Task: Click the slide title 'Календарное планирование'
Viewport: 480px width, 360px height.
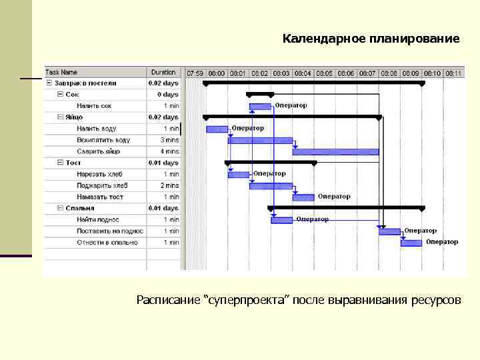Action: [x=371, y=39]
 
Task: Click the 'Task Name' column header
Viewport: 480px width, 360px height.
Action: [x=61, y=72]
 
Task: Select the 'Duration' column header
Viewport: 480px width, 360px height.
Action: [x=163, y=72]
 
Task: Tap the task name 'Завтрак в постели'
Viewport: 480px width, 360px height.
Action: [x=85, y=83]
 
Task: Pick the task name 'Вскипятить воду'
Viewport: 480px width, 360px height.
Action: [x=103, y=140]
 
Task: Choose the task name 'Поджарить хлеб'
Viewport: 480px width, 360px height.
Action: [x=102, y=185]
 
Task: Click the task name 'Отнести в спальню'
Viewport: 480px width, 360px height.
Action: [x=107, y=242]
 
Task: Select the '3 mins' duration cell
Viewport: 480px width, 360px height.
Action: [x=169, y=140]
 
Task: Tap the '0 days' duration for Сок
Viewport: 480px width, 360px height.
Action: [x=167, y=95]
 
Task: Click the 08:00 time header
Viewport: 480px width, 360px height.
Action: [x=217, y=73]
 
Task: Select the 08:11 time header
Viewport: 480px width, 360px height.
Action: [x=453, y=73]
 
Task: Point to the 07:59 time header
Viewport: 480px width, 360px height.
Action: [x=195, y=73]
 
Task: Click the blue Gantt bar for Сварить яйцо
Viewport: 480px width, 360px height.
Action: [x=335, y=152]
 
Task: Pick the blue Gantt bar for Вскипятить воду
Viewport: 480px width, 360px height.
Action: [x=260, y=141]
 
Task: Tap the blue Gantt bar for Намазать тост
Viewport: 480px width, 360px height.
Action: [x=303, y=197]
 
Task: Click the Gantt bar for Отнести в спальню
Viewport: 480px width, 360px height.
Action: [x=411, y=243]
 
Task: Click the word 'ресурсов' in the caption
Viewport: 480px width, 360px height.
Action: [x=437, y=300]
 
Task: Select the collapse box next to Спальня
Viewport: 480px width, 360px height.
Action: [x=60, y=208]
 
